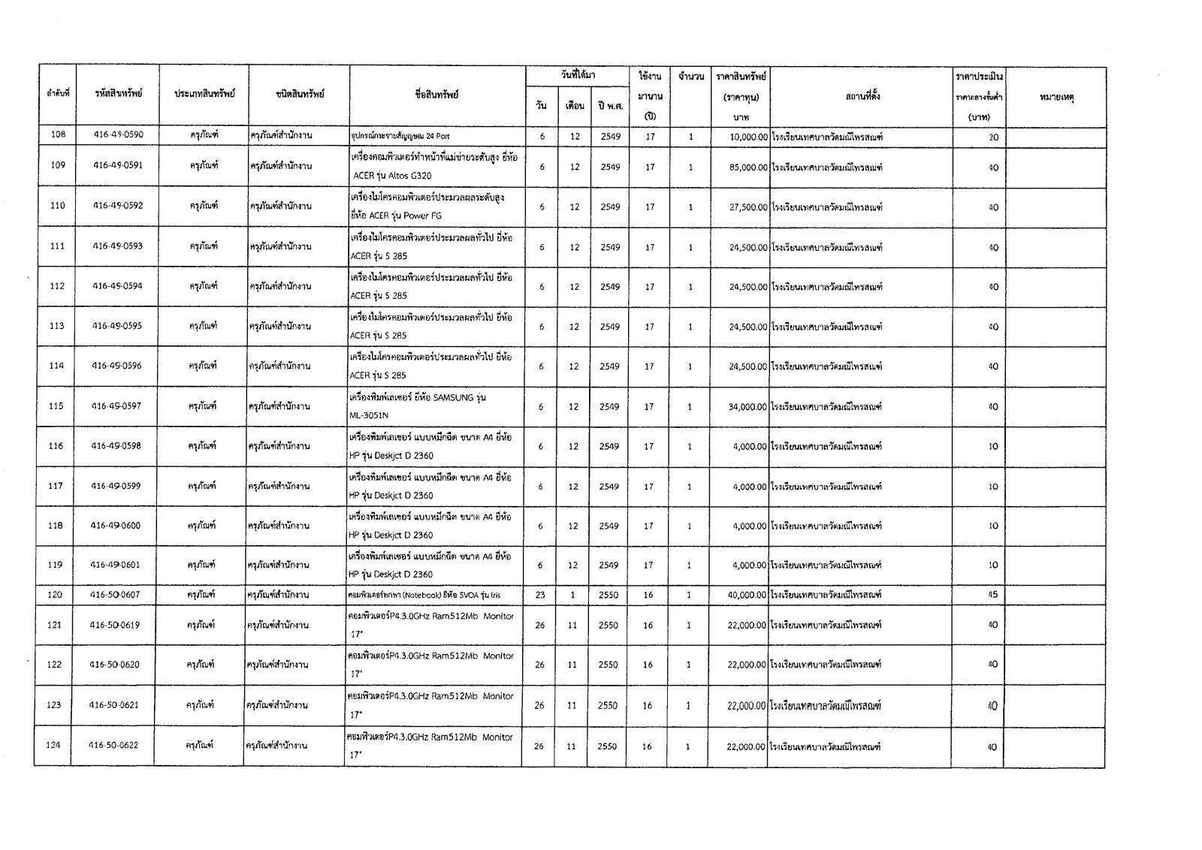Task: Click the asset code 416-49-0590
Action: (118, 135)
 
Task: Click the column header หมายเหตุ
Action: (1056, 98)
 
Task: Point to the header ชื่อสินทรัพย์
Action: (436, 95)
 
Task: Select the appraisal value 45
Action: (993, 595)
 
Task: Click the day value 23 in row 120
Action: (539, 595)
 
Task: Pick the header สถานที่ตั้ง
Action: (860, 97)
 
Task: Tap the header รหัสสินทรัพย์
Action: (119, 94)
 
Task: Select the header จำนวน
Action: (690, 77)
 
